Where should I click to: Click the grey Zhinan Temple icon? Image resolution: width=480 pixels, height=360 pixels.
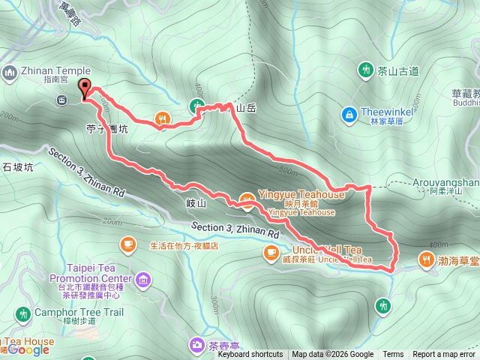click(9, 72)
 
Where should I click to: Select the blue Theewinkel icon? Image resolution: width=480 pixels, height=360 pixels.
click(349, 114)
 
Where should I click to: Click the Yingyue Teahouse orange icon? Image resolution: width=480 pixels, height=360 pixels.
click(246, 199)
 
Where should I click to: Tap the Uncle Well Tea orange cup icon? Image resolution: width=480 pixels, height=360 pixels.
click(270, 254)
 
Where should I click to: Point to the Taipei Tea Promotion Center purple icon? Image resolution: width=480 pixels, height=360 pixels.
click(143, 280)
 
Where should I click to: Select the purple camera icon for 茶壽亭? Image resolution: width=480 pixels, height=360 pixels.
click(196, 344)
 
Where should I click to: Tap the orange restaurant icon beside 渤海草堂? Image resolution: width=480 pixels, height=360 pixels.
click(426, 260)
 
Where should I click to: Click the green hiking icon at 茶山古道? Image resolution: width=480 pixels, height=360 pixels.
click(366, 70)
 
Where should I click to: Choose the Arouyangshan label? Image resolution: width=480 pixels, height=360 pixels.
click(445, 182)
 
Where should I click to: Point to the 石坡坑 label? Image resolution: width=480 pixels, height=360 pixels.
click(18, 167)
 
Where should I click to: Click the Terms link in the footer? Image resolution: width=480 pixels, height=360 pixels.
click(392, 355)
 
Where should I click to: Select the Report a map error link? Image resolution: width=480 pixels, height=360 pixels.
click(444, 355)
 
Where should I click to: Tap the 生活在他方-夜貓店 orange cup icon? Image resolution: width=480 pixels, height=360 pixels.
click(127, 244)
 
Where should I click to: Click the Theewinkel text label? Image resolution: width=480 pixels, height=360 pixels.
click(384, 112)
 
